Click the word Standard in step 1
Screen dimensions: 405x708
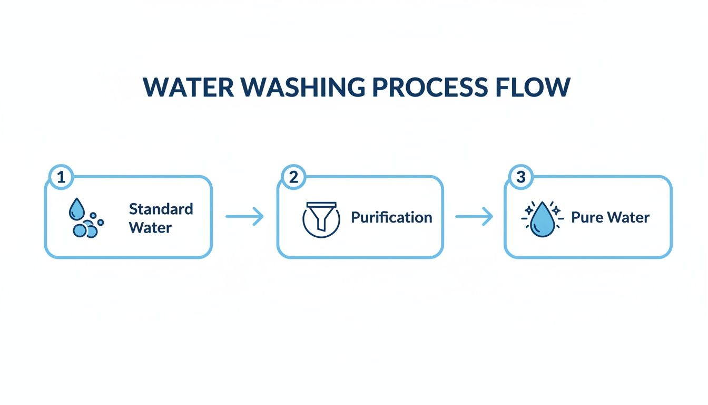161,209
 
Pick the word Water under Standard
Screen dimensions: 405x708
150,228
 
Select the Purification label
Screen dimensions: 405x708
391,217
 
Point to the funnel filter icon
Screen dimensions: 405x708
321,217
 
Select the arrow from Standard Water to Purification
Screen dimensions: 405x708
244,217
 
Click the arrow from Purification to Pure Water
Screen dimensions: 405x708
474,217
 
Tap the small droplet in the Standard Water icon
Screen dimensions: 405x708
76,209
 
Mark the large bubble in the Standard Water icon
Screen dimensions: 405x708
81,230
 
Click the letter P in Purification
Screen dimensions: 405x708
356,217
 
